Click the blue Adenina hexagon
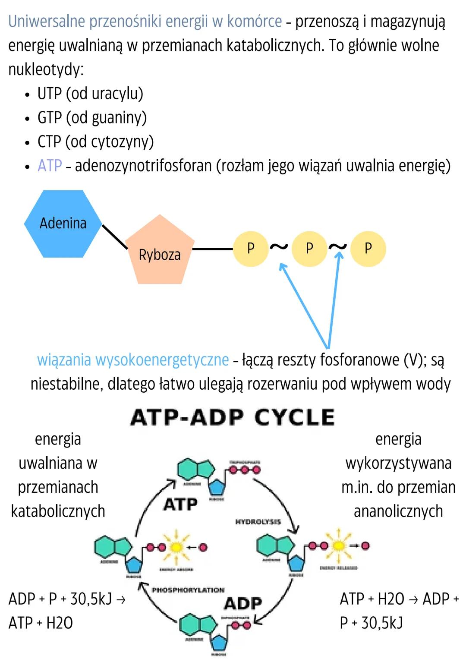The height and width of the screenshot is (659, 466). click(63, 224)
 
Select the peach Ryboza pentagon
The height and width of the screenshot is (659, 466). click(159, 252)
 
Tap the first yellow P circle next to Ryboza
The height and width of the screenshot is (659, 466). click(251, 249)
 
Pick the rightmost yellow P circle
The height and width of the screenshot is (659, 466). click(368, 249)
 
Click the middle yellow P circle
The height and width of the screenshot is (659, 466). click(309, 249)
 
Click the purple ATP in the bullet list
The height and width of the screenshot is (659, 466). click(50, 166)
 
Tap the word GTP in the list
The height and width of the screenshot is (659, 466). click(50, 117)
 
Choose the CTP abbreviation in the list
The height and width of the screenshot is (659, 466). click(49, 142)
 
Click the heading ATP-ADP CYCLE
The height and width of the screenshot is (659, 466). click(233, 417)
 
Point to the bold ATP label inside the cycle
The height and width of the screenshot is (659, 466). click(181, 504)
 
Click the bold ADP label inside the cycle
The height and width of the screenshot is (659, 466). click(243, 603)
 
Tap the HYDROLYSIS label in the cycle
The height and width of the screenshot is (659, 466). click(258, 522)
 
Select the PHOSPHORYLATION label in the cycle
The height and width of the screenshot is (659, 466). click(188, 590)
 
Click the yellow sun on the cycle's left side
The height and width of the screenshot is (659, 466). click(176, 547)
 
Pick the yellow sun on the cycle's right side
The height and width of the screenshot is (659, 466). click(339, 546)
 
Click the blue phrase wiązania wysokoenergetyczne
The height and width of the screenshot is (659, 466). click(133, 360)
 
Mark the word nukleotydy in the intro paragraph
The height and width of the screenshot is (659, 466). click(45, 69)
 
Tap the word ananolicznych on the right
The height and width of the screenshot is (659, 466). click(398, 511)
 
